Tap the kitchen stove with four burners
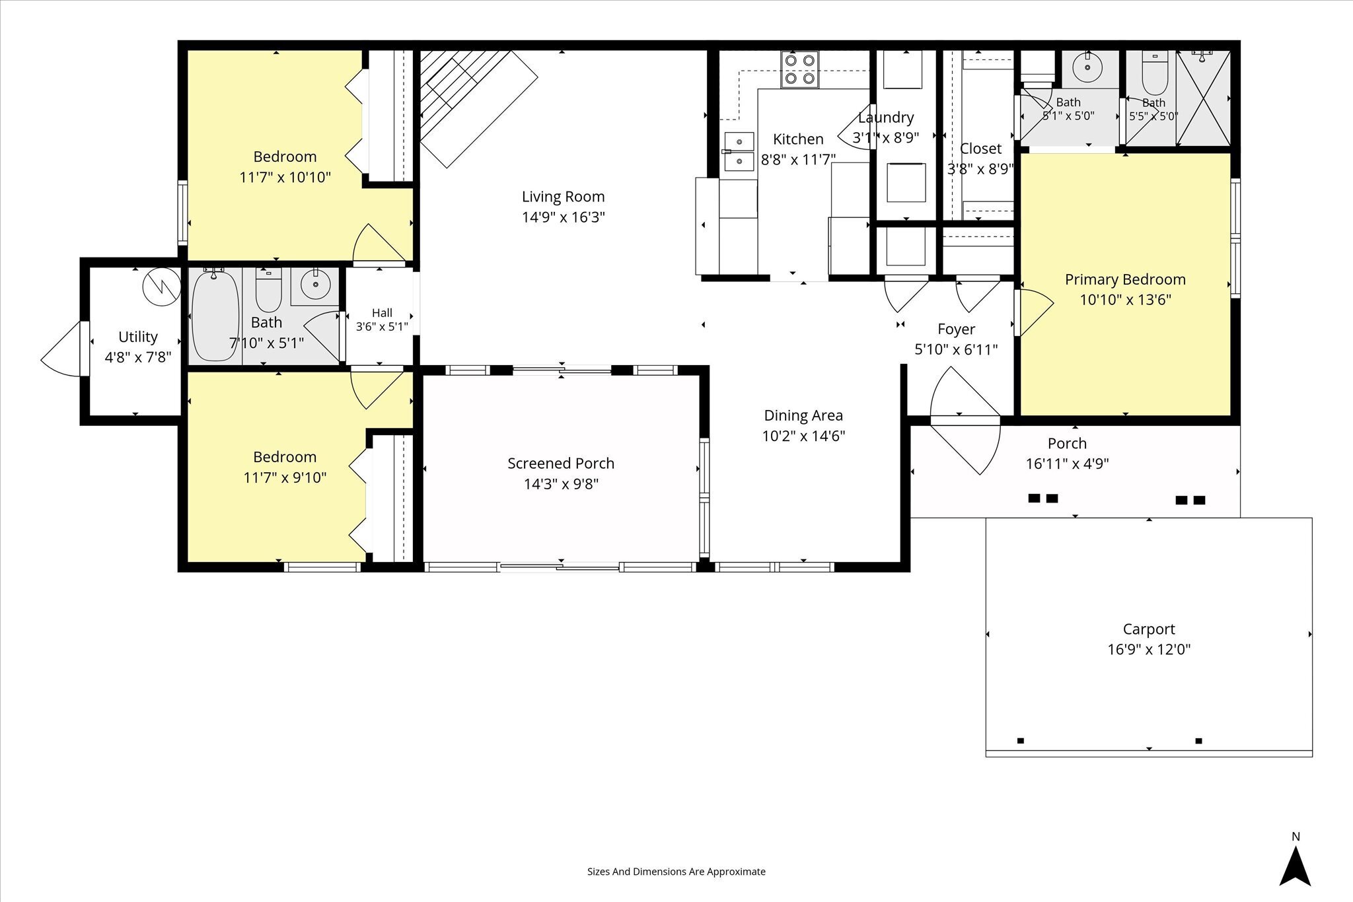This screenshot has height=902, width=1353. (x=800, y=69)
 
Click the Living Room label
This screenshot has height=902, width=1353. (x=563, y=196)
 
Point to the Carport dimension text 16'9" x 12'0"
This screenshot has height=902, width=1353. (x=1149, y=649)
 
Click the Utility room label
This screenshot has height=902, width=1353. (x=137, y=337)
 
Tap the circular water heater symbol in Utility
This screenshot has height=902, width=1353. (x=162, y=287)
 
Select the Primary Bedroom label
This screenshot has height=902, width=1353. (x=1125, y=279)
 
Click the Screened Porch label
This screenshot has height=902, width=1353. (x=561, y=464)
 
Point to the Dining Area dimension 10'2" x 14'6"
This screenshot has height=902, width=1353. (x=803, y=436)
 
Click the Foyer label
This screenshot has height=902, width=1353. (x=956, y=329)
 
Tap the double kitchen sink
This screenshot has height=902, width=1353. (x=739, y=152)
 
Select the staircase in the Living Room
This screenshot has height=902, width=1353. (x=478, y=106)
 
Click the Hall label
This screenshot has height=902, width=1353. (x=382, y=313)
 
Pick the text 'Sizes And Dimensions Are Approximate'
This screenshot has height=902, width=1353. (x=676, y=872)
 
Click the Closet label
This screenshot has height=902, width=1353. (x=980, y=149)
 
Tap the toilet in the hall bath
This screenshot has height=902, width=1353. (x=268, y=290)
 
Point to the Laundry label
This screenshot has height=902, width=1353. (x=885, y=118)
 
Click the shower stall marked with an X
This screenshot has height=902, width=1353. (x=1202, y=98)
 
